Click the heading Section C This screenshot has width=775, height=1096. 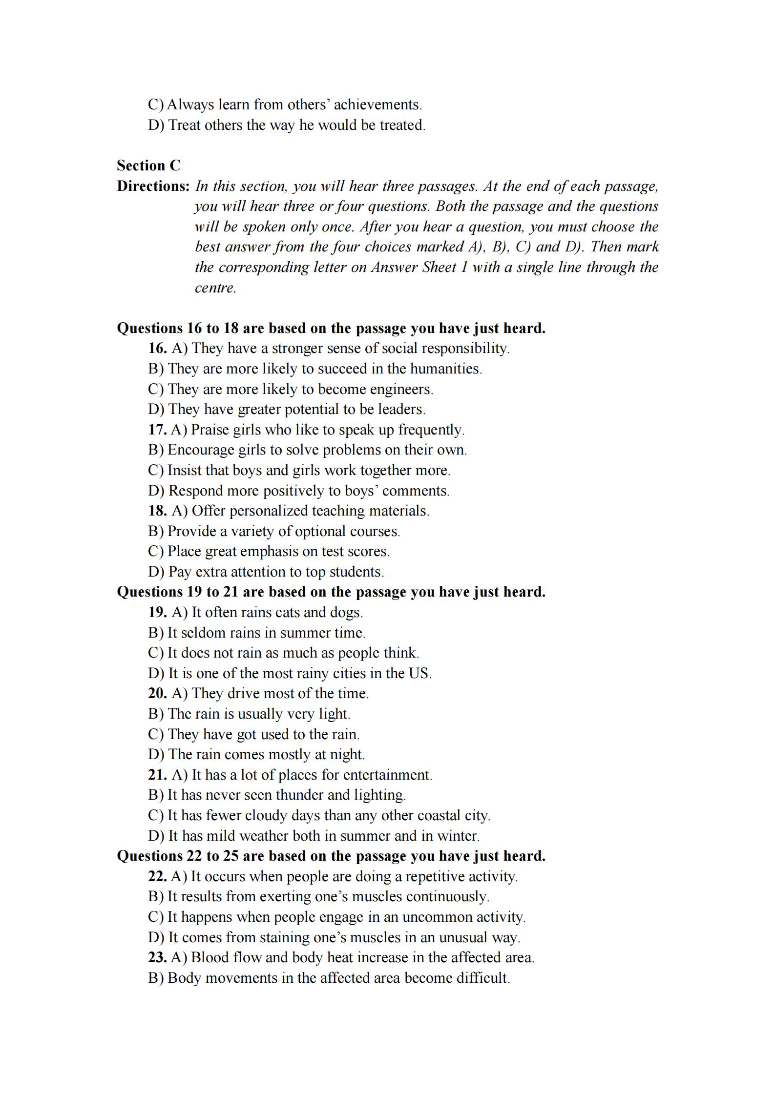pos(148,165)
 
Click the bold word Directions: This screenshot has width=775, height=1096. pos(153,186)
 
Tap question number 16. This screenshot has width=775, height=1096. pos(157,348)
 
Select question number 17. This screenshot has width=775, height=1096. pos(157,430)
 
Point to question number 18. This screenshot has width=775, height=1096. pos(157,511)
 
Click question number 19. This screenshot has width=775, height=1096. pos(157,612)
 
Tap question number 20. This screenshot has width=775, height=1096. pos(157,693)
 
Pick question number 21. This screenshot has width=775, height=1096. pos(157,775)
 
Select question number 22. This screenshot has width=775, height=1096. pos(157,876)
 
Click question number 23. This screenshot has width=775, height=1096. pos(157,957)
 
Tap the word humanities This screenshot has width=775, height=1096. pos(445,369)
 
